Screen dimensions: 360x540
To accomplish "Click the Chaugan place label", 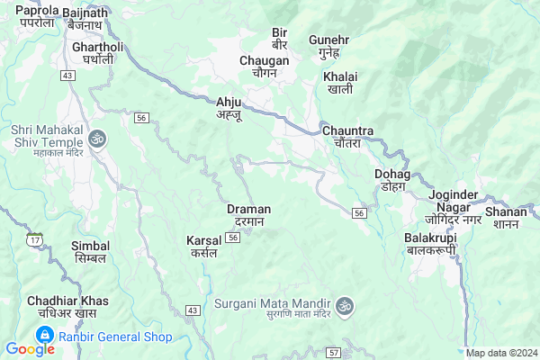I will pyautogui.click(x=265, y=67).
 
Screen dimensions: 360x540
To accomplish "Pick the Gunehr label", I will pyautogui.click(x=328, y=47).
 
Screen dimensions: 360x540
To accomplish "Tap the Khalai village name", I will pyautogui.click(x=340, y=83).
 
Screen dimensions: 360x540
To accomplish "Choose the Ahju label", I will pyautogui.click(x=229, y=108).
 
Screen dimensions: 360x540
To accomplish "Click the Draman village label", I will pyautogui.click(x=248, y=215).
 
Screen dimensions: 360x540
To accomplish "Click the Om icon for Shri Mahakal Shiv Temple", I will pyautogui.click(x=96, y=139).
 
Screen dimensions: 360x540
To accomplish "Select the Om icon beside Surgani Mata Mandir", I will pyautogui.click(x=343, y=309).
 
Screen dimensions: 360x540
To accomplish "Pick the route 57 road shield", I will pyautogui.click(x=333, y=352).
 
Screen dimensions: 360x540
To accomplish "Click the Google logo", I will pyautogui.click(x=30, y=349).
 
